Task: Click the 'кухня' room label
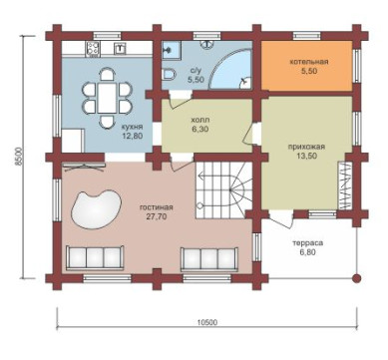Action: click(132, 127)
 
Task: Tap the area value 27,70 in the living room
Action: click(157, 216)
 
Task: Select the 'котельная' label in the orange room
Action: click(309, 62)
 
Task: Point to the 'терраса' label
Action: click(307, 243)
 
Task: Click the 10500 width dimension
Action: click(207, 322)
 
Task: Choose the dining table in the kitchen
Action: click(107, 98)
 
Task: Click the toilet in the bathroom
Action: click(170, 74)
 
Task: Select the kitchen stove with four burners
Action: click(93, 49)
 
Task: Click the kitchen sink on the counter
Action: click(120, 49)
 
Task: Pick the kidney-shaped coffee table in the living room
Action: click(96, 209)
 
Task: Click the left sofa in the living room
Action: click(95, 258)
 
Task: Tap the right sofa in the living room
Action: click(209, 258)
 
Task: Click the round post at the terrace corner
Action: click(356, 278)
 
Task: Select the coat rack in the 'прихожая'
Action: click(345, 185)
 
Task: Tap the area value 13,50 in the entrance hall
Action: click(306, 156)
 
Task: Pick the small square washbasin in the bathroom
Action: click(171, 50)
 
